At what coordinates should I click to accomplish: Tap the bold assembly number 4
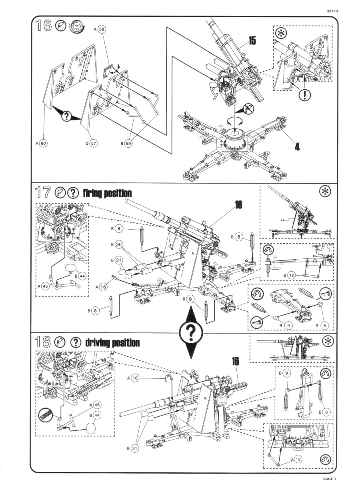tap(297, 146)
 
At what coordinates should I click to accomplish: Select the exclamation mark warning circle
tap(305, 95)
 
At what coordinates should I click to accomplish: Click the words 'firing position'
tap(107, 194)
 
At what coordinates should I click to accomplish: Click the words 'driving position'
tap(112, 343)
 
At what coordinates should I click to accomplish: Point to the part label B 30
tap(116, 244)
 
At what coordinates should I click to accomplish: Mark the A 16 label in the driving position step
tap(134, 378)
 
